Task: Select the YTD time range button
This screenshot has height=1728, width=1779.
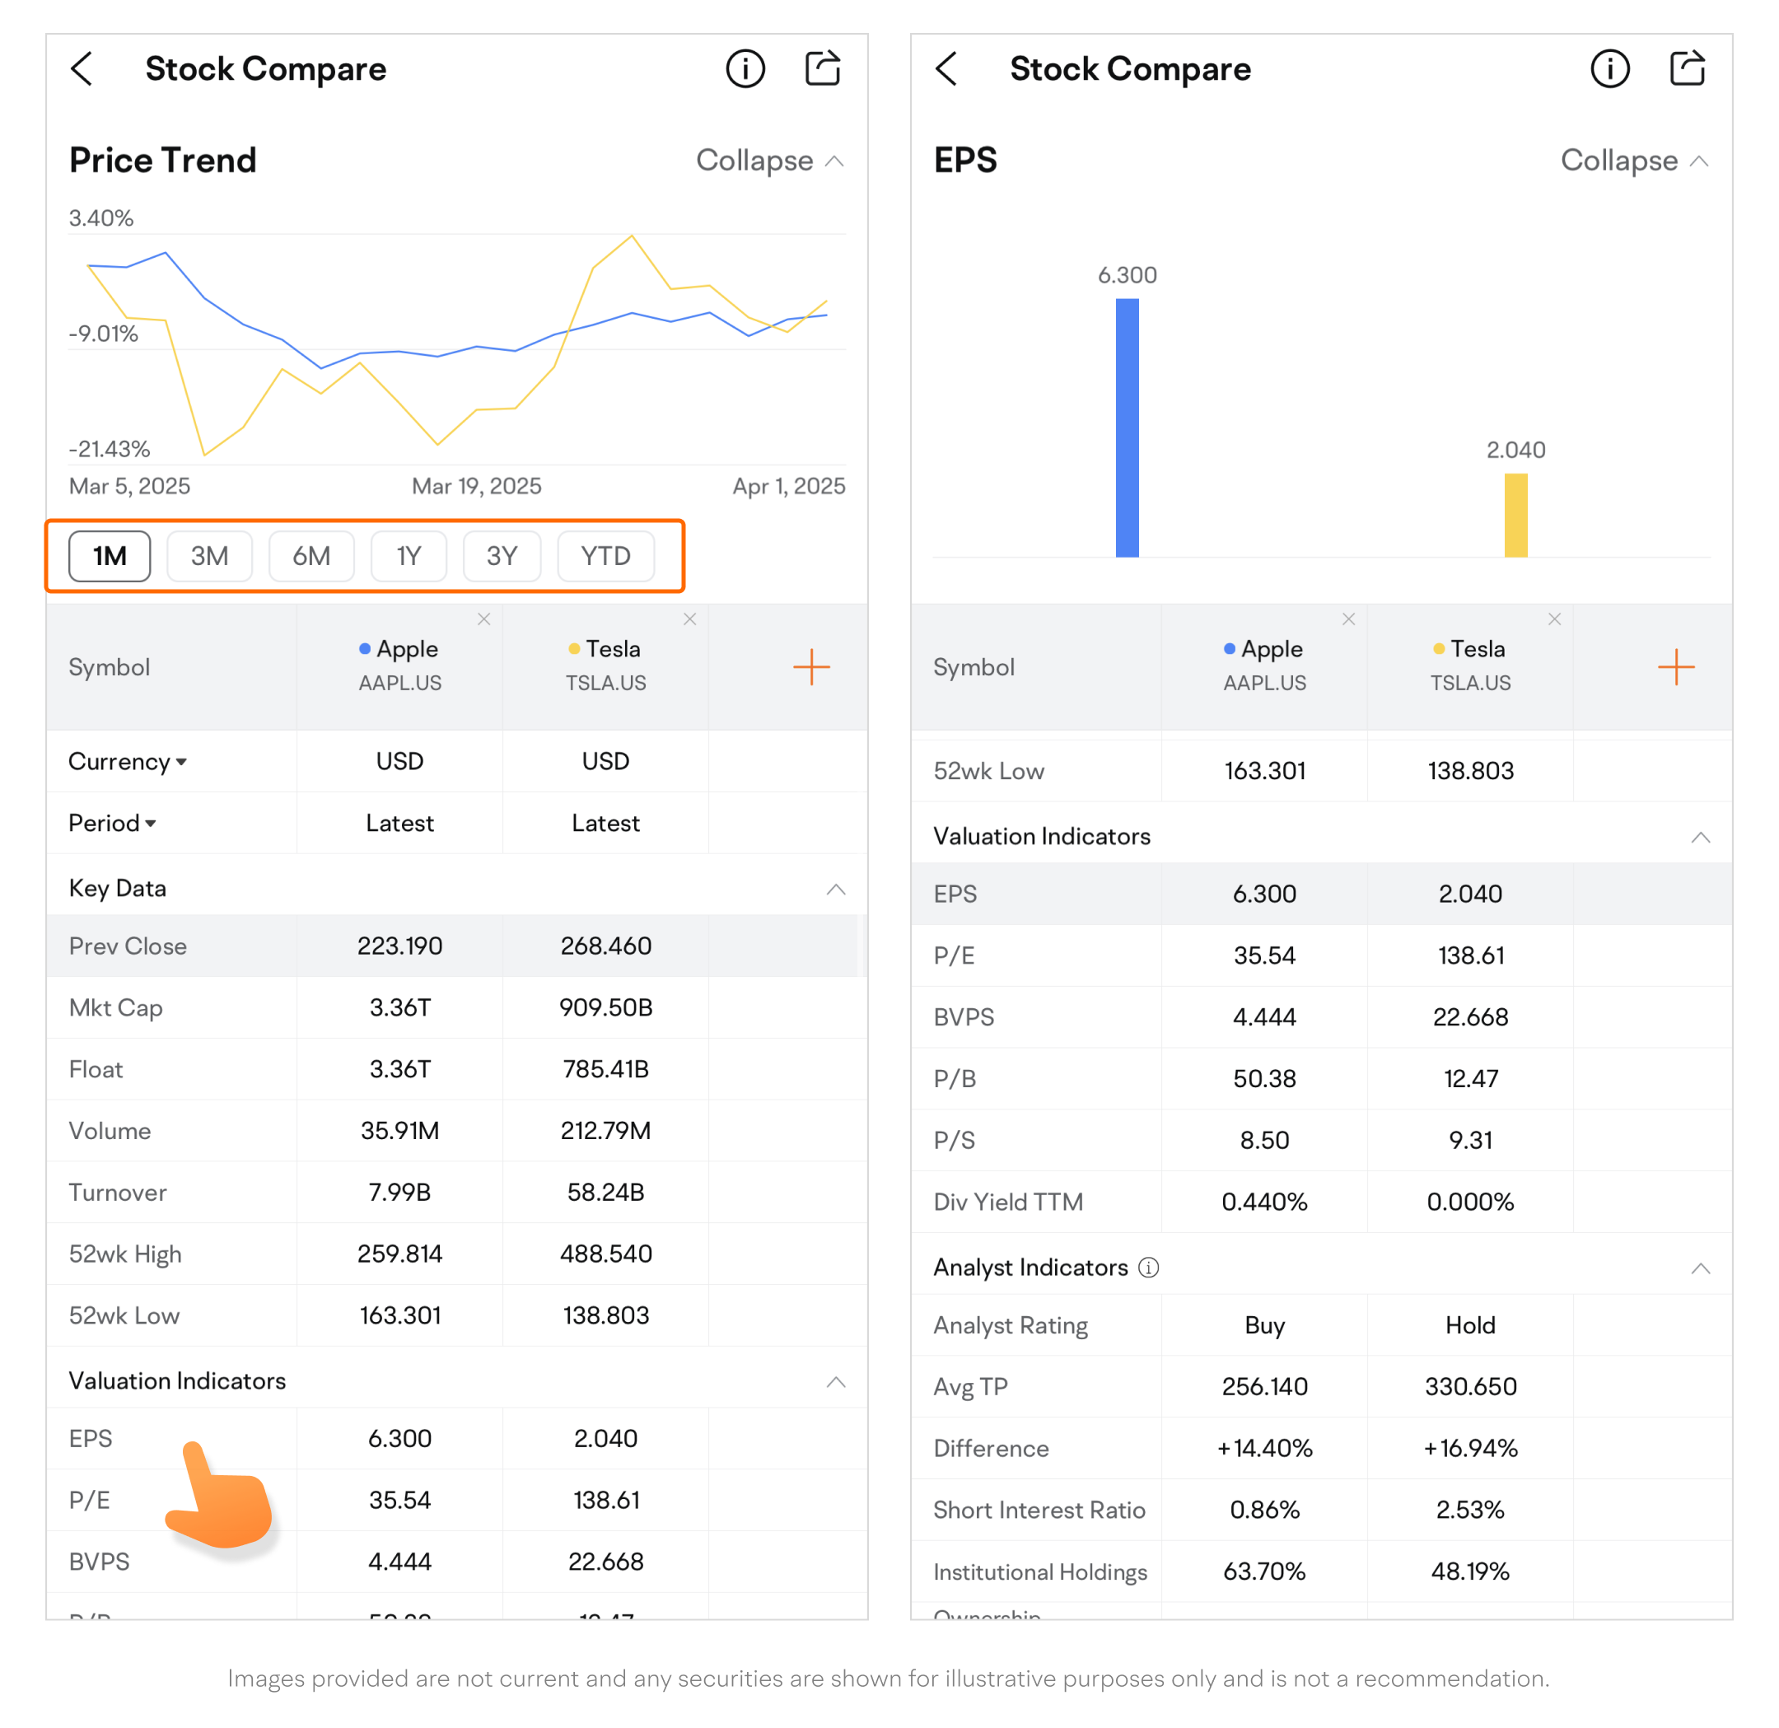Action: coord(605,555)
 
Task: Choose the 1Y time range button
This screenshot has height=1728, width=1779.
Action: coord(409,555)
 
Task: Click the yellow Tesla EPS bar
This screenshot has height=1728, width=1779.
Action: coord(1515,515)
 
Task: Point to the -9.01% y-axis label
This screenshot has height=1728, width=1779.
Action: coord(104,334)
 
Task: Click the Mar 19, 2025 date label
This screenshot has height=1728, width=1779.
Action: coord(477,487)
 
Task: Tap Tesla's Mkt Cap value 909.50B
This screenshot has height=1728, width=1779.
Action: coord(605,1007)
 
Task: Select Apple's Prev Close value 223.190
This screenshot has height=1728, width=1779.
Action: coord(399,946)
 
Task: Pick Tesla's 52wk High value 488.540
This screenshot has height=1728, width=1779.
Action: coord(605,1254)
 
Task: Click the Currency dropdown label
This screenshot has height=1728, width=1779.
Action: coord(127,761)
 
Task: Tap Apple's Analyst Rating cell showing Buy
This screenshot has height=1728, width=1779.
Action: coord(1264,1325)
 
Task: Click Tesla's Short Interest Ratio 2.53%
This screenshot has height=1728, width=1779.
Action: coord(1469,1509)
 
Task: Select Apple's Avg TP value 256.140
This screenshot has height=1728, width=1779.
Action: coord(1264,1386)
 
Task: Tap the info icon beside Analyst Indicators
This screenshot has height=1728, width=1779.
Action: coord(1148,1267)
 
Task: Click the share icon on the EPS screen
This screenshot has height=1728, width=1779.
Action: coord(1687,69)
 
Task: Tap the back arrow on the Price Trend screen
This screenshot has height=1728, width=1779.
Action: coord(82,69)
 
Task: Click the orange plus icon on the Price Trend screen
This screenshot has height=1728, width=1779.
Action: coord(810,667)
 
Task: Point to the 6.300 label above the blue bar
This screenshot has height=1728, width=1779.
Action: coord(1127,275)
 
